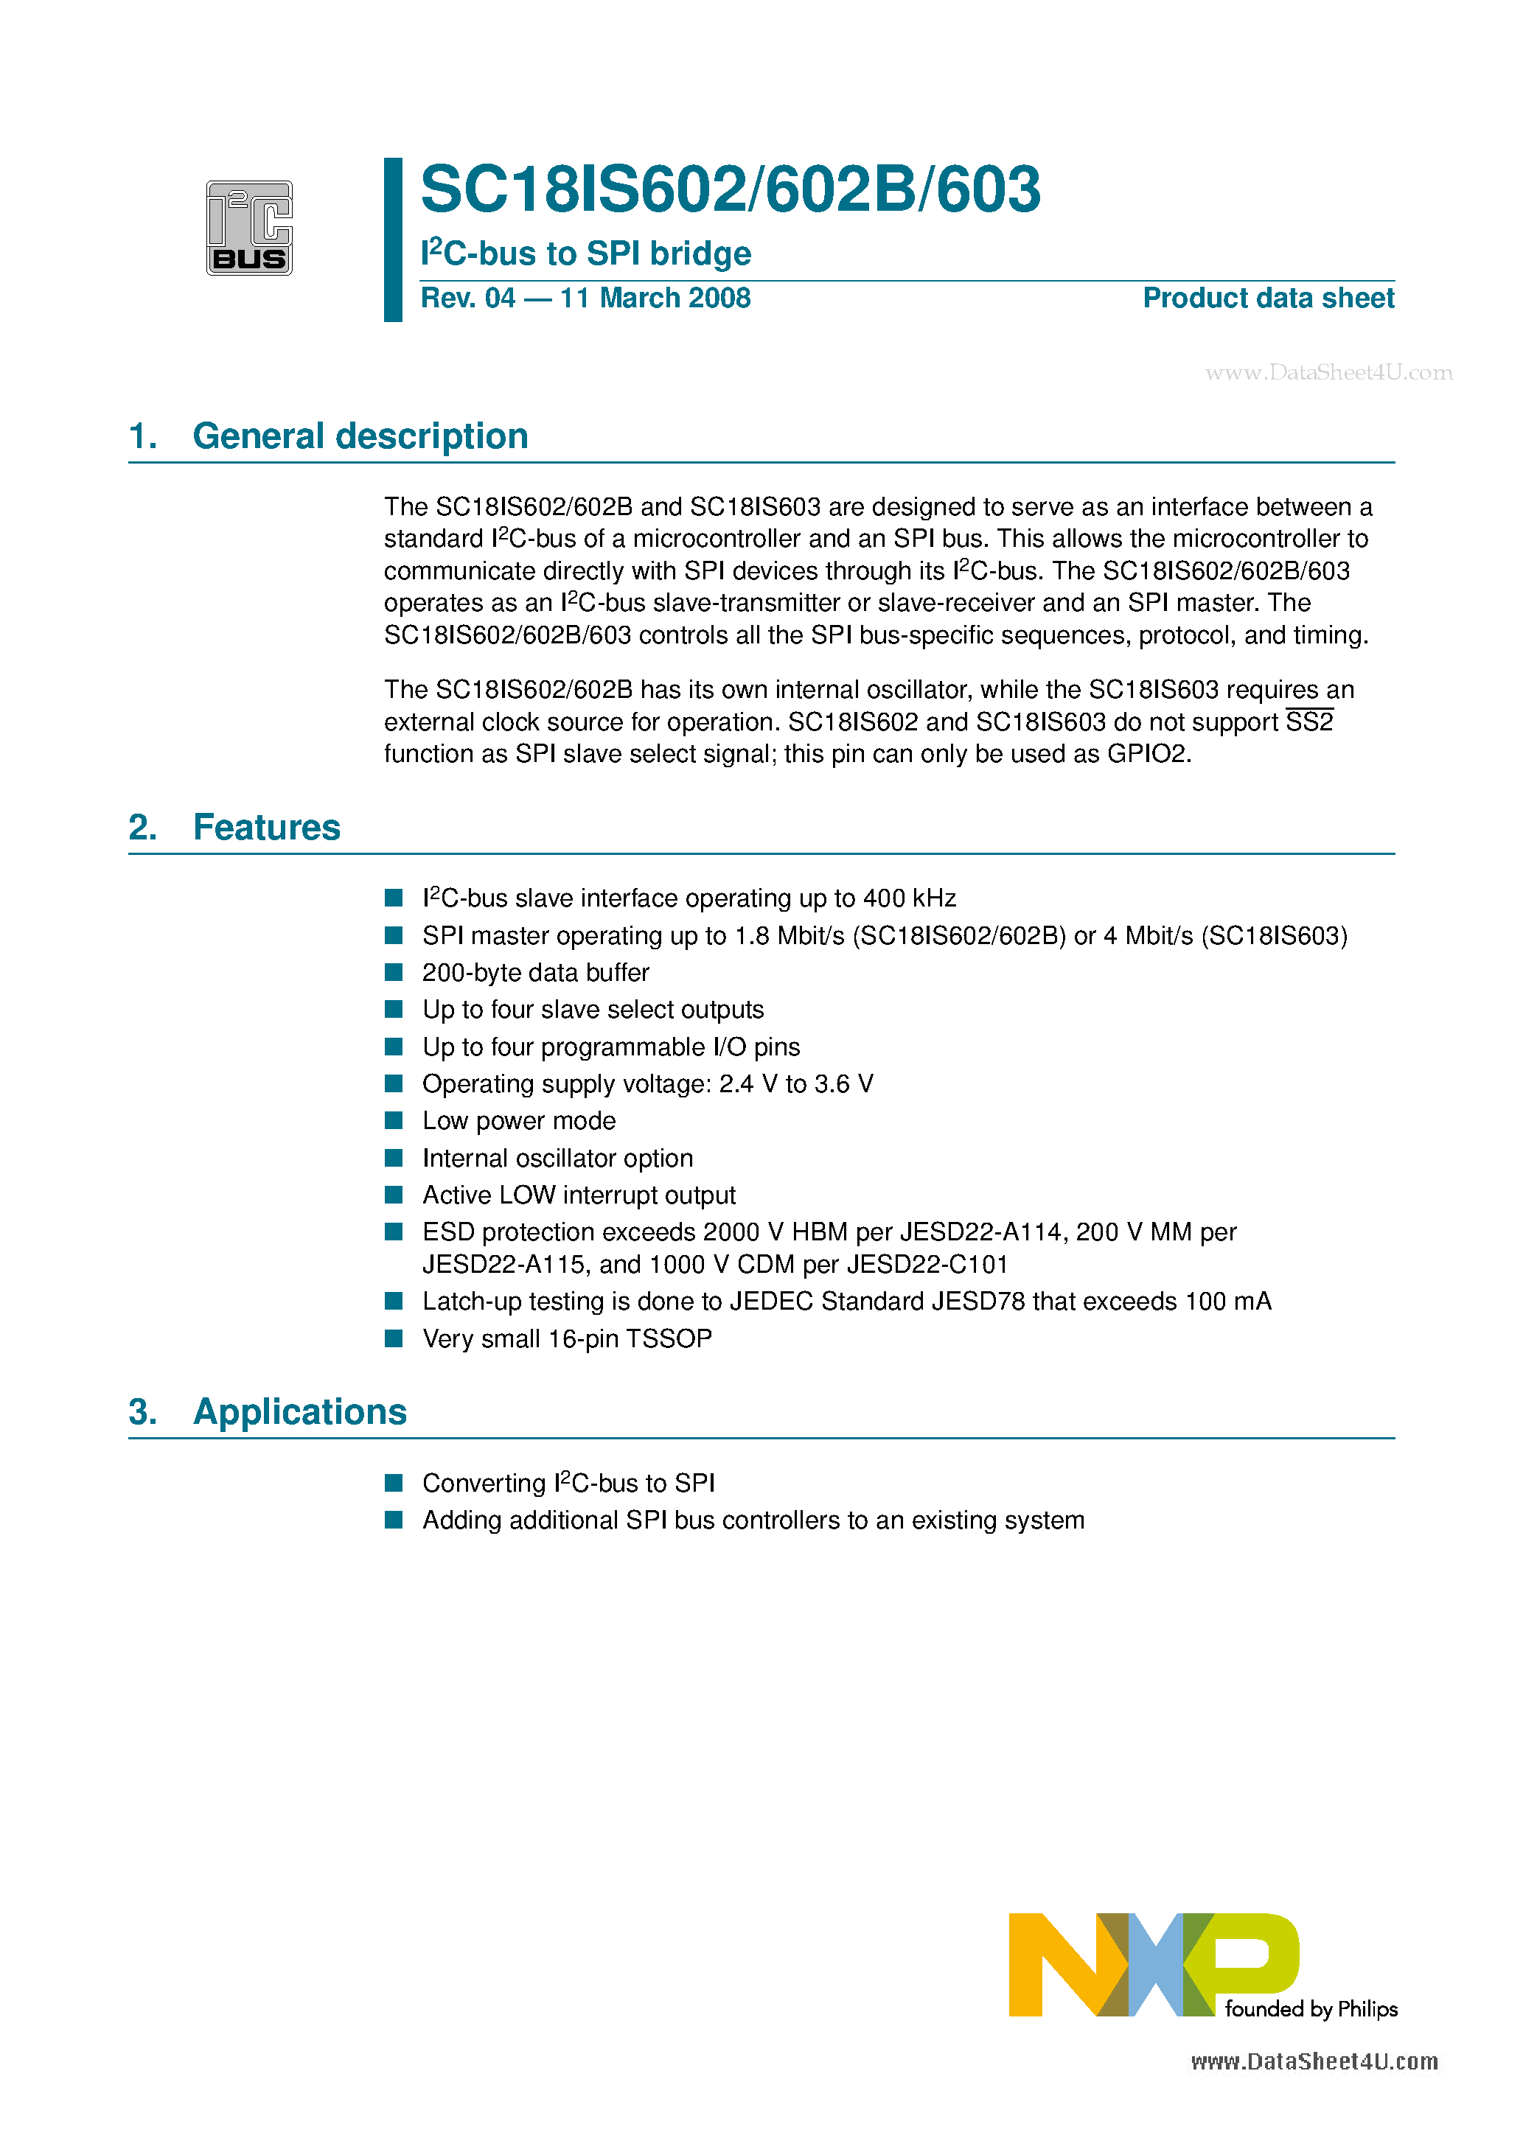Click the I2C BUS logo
pyautogui.click(x=249, y=228)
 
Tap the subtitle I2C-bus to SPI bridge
pyautogui.click(x=586, y=254)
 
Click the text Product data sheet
pyautogui.click(x=1268, y=298)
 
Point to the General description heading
pyautogui.click(x=360, y=436)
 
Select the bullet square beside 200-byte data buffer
pyautogui.click(x=394, y=972)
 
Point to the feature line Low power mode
pyautogui.click(x=518, y=1122)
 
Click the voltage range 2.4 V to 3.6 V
pyautogui.click(x=796, y=1084)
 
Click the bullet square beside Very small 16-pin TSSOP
pyautogui.click(x=394, y=1338)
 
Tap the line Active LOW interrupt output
pyautogui.click(x=579, y=1195)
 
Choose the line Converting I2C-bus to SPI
pyautogui.click(x=568, y=1484)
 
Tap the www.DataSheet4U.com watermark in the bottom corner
pyautogui.click(x=1314, y=2062)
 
